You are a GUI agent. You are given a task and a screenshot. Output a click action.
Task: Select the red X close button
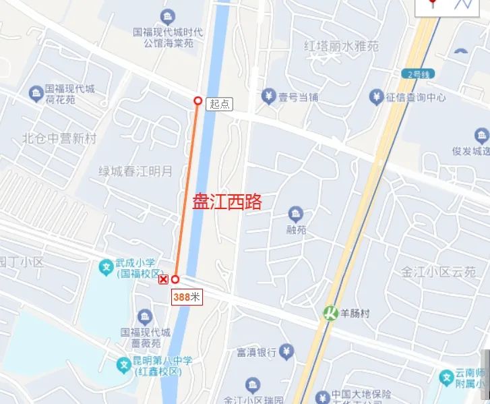[x=163, y=279]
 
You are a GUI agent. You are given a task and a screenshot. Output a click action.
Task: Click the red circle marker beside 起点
[x=197, y=100]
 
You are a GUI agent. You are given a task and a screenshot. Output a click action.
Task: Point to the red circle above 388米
[x=175, y=279]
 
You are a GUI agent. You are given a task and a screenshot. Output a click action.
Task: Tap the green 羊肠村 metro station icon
[x=330, y=313]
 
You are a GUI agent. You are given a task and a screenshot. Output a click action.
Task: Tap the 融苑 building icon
[x=295, y=214]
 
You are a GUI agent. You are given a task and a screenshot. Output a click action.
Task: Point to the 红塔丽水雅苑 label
[x=341, y=47]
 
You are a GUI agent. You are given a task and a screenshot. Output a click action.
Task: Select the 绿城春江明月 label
[x=135, y=171]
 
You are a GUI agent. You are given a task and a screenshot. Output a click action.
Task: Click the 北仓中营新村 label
[x=59, y=139]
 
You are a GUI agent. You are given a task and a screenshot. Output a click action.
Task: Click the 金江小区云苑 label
[x=439, y=272]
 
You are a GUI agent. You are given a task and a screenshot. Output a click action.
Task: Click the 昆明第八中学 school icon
[x=124, y=365]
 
